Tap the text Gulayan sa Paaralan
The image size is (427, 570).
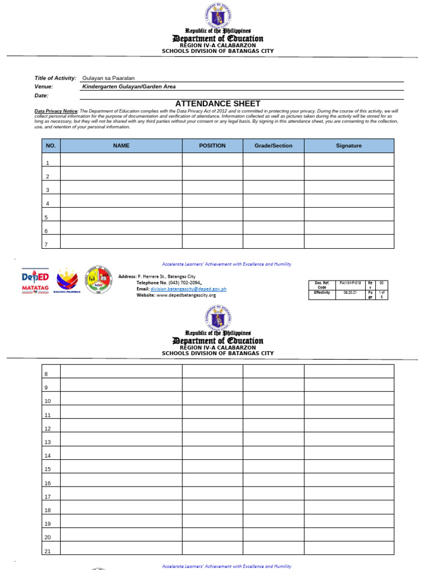point(108,78)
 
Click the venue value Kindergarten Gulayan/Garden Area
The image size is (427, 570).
point(129,87)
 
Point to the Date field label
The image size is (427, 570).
point(42,96)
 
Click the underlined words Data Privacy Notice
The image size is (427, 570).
point(56,111)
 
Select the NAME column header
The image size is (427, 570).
point(121,146)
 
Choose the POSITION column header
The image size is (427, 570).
point(212,146)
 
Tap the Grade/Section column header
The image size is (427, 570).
point(273,146)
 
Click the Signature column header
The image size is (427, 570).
point(349,146)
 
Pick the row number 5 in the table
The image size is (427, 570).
point(48,218)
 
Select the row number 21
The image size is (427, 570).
point(48,551)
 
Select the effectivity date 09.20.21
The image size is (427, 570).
point(349,292)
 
